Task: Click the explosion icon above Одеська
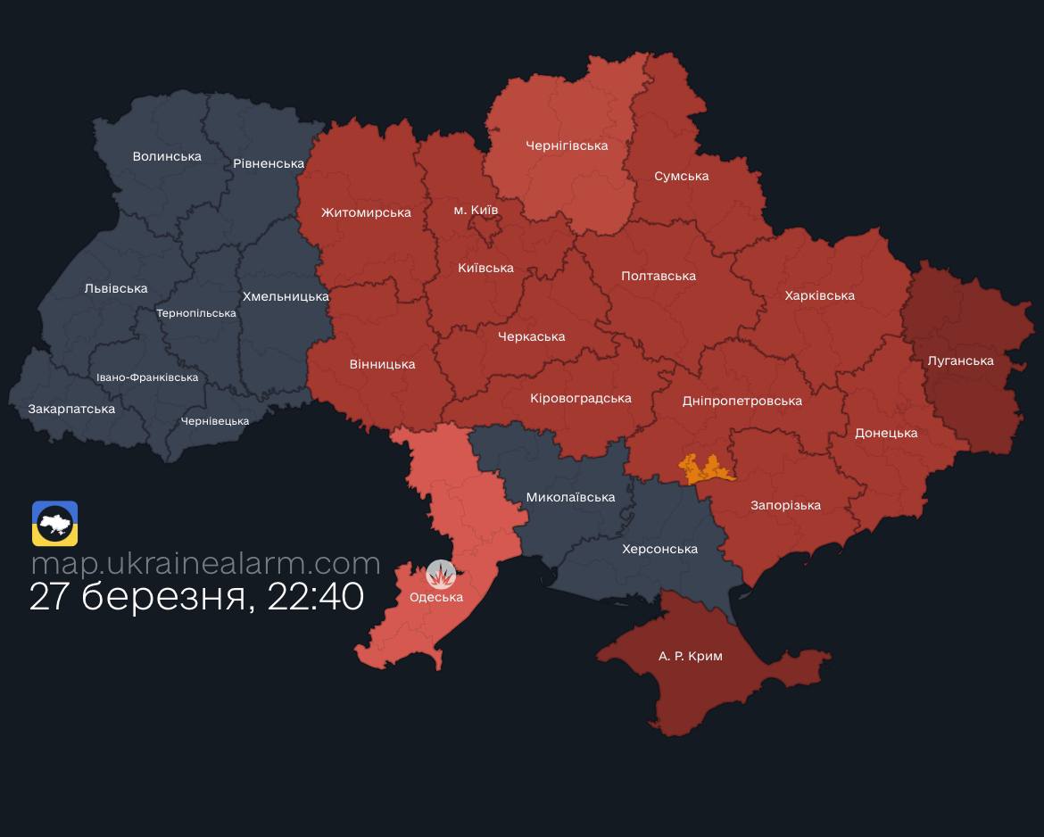pyautogui.click(x=441, y=574)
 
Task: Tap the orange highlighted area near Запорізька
pyautogui.click(x=705, y=468)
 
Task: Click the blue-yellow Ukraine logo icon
pyautogui.click(x=55, y=523)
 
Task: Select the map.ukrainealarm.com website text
pyautogui.click(x=205, y=563)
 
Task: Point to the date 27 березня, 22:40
pyautogui.click(x=196, y=596)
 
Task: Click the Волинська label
pyautogui.click(x=167, y=156)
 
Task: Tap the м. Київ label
pyautogui.click(x=476, y=210)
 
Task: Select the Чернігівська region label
pyautogui.click(x=567, y=145)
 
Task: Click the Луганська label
pyautogui.click(x=960, y=360)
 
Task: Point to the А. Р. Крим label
pyautogui.click(x=691, y=656)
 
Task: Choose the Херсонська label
pyautogui.click(x=659, y=549)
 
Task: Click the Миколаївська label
pyautogui.click(x=570, y=497)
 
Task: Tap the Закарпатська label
pyautogui.click(x=71, y=409)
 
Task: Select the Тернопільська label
pyautogui.click(x=196, y=313)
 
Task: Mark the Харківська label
pyautogui.click(x=819, y=295)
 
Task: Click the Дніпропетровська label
pyautogui.click(x=742, y=401)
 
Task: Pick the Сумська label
pyautogui.click(x=681, y=176)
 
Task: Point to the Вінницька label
pyautogui.click(x=382, y=364)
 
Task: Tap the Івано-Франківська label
pyautogui.click(x=147, y=377)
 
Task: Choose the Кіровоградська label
pyautogui.click(x=580, y=398)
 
